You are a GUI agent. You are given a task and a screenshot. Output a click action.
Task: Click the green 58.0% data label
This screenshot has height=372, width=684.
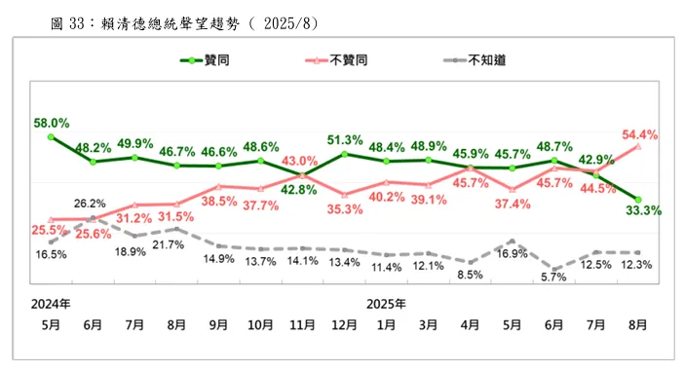tap(50, 123)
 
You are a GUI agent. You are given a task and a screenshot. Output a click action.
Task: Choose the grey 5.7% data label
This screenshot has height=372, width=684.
tap(554, 278)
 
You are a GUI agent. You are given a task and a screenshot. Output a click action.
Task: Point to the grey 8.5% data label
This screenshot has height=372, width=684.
tap(471, 274)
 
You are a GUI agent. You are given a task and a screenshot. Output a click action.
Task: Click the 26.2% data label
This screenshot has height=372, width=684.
tap(90, 204)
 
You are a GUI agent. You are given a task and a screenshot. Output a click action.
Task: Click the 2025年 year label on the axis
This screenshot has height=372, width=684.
tap(387, 303)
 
